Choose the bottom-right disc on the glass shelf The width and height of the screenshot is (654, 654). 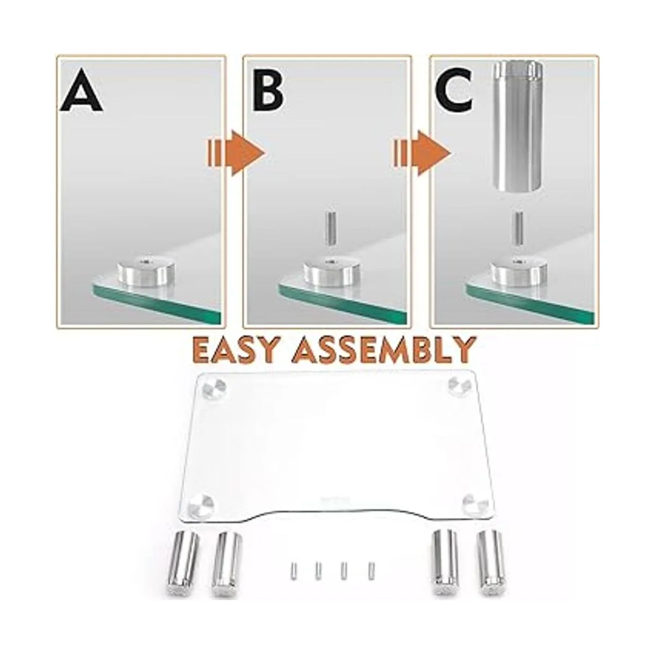tap(473, 504)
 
